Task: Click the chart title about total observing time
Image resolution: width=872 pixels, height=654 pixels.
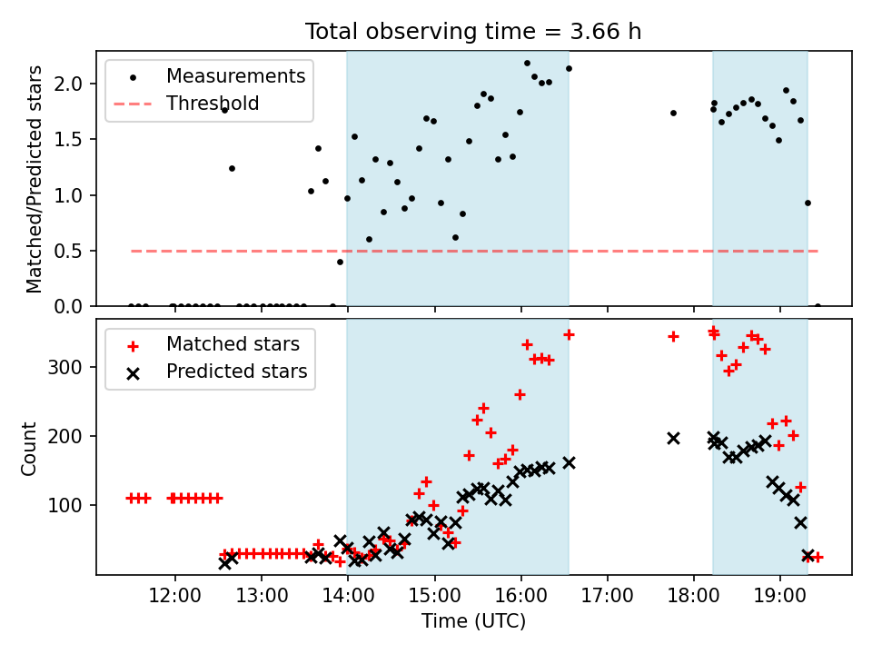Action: pyautogui.click(x=473, y=31)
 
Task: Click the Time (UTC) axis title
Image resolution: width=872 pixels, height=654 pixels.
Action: pyautogui.click(x=473, y=622)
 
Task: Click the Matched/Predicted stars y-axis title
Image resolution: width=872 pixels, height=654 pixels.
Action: pyautogui.click(x=35, y=179)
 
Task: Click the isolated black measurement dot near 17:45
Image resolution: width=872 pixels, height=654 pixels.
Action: pyautogui.click(x=673, y=113)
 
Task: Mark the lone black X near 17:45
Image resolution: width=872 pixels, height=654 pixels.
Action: pyautogui.click(x=673, y=438)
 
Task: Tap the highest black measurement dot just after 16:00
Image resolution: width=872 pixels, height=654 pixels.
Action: pyautogui.click(x=527, y=64)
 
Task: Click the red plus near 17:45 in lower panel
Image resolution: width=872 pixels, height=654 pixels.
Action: pyautogui.click(x=673, y=336)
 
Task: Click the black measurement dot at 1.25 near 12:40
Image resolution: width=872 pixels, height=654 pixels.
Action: pyautogui.click(x=232, y=168)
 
